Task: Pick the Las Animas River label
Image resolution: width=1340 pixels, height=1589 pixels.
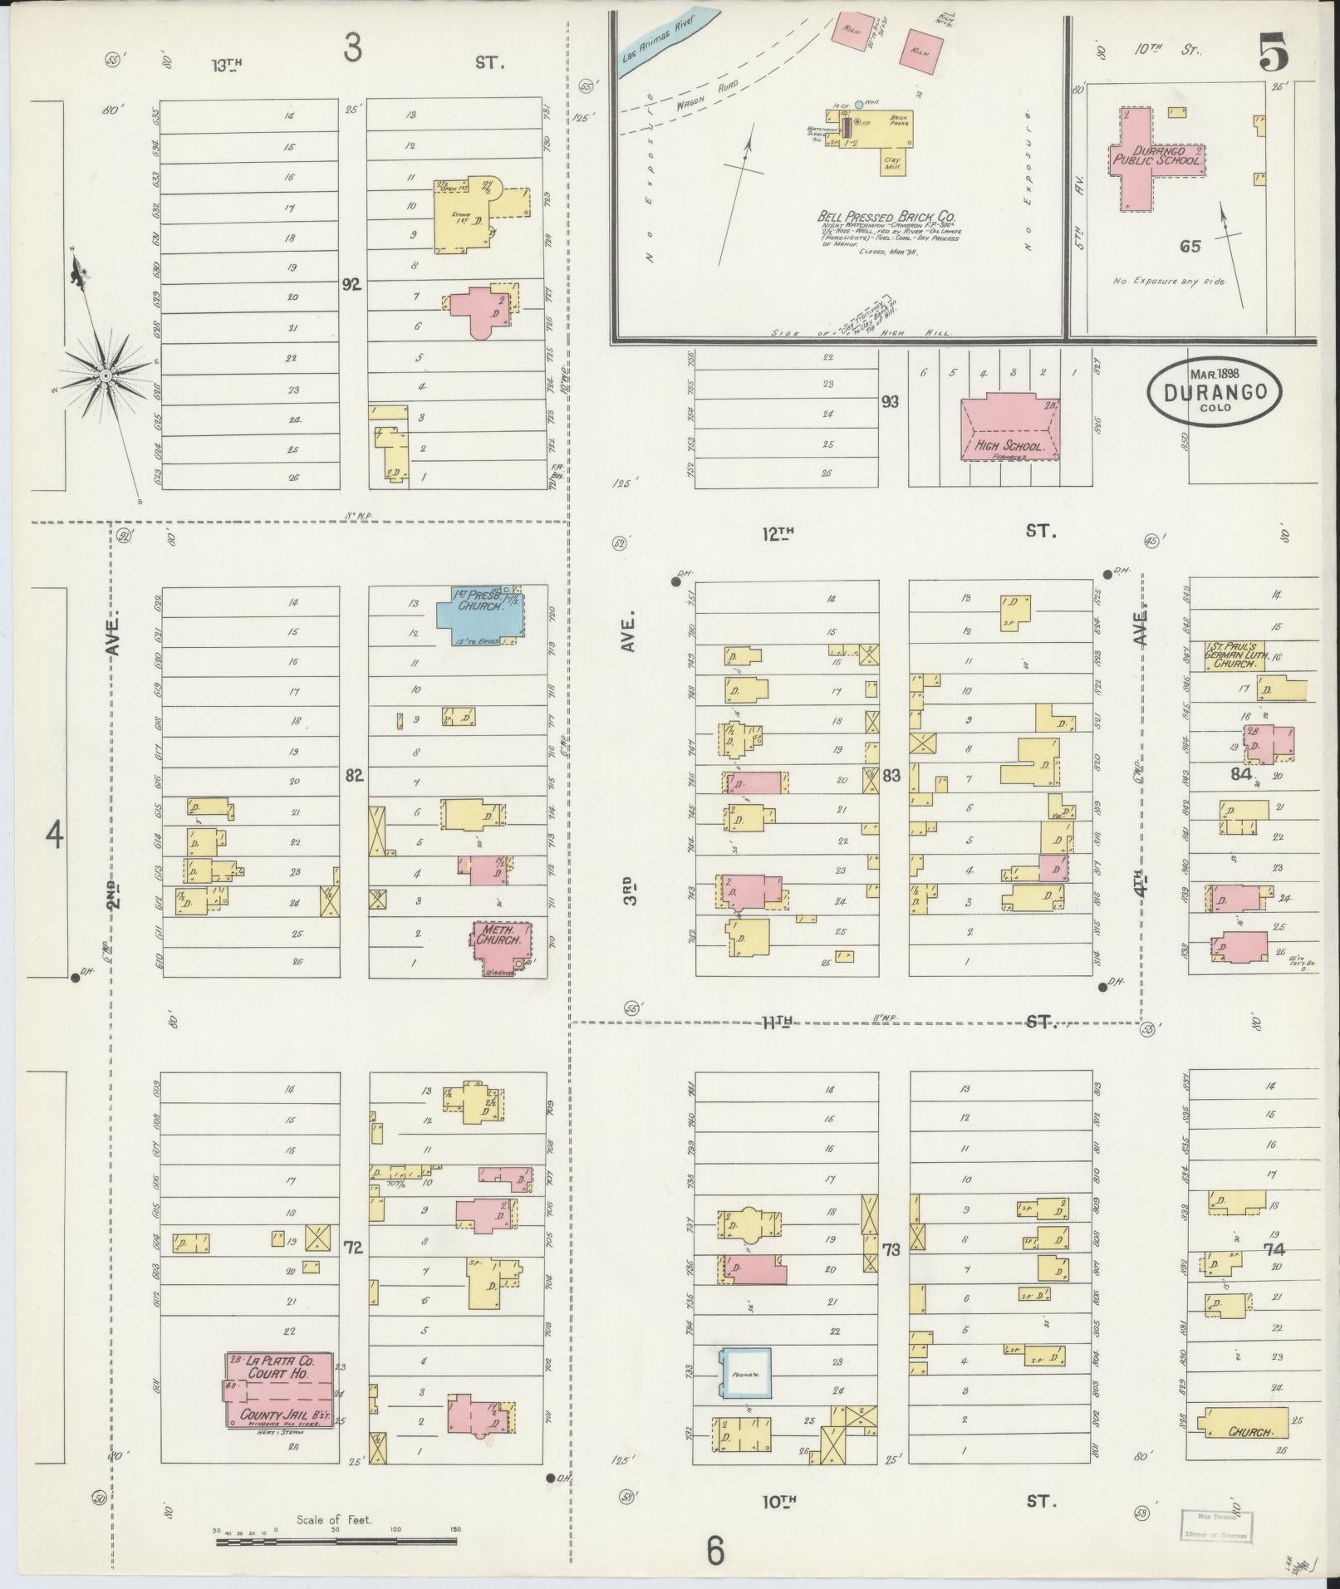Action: pos(669,37)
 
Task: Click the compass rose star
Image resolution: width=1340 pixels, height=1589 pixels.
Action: pos(106,376)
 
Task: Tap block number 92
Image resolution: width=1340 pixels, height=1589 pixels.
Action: pos(352,284)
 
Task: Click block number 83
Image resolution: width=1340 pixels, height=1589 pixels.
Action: pos(891,777)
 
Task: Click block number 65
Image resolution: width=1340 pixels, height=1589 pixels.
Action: pos(1190,246)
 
